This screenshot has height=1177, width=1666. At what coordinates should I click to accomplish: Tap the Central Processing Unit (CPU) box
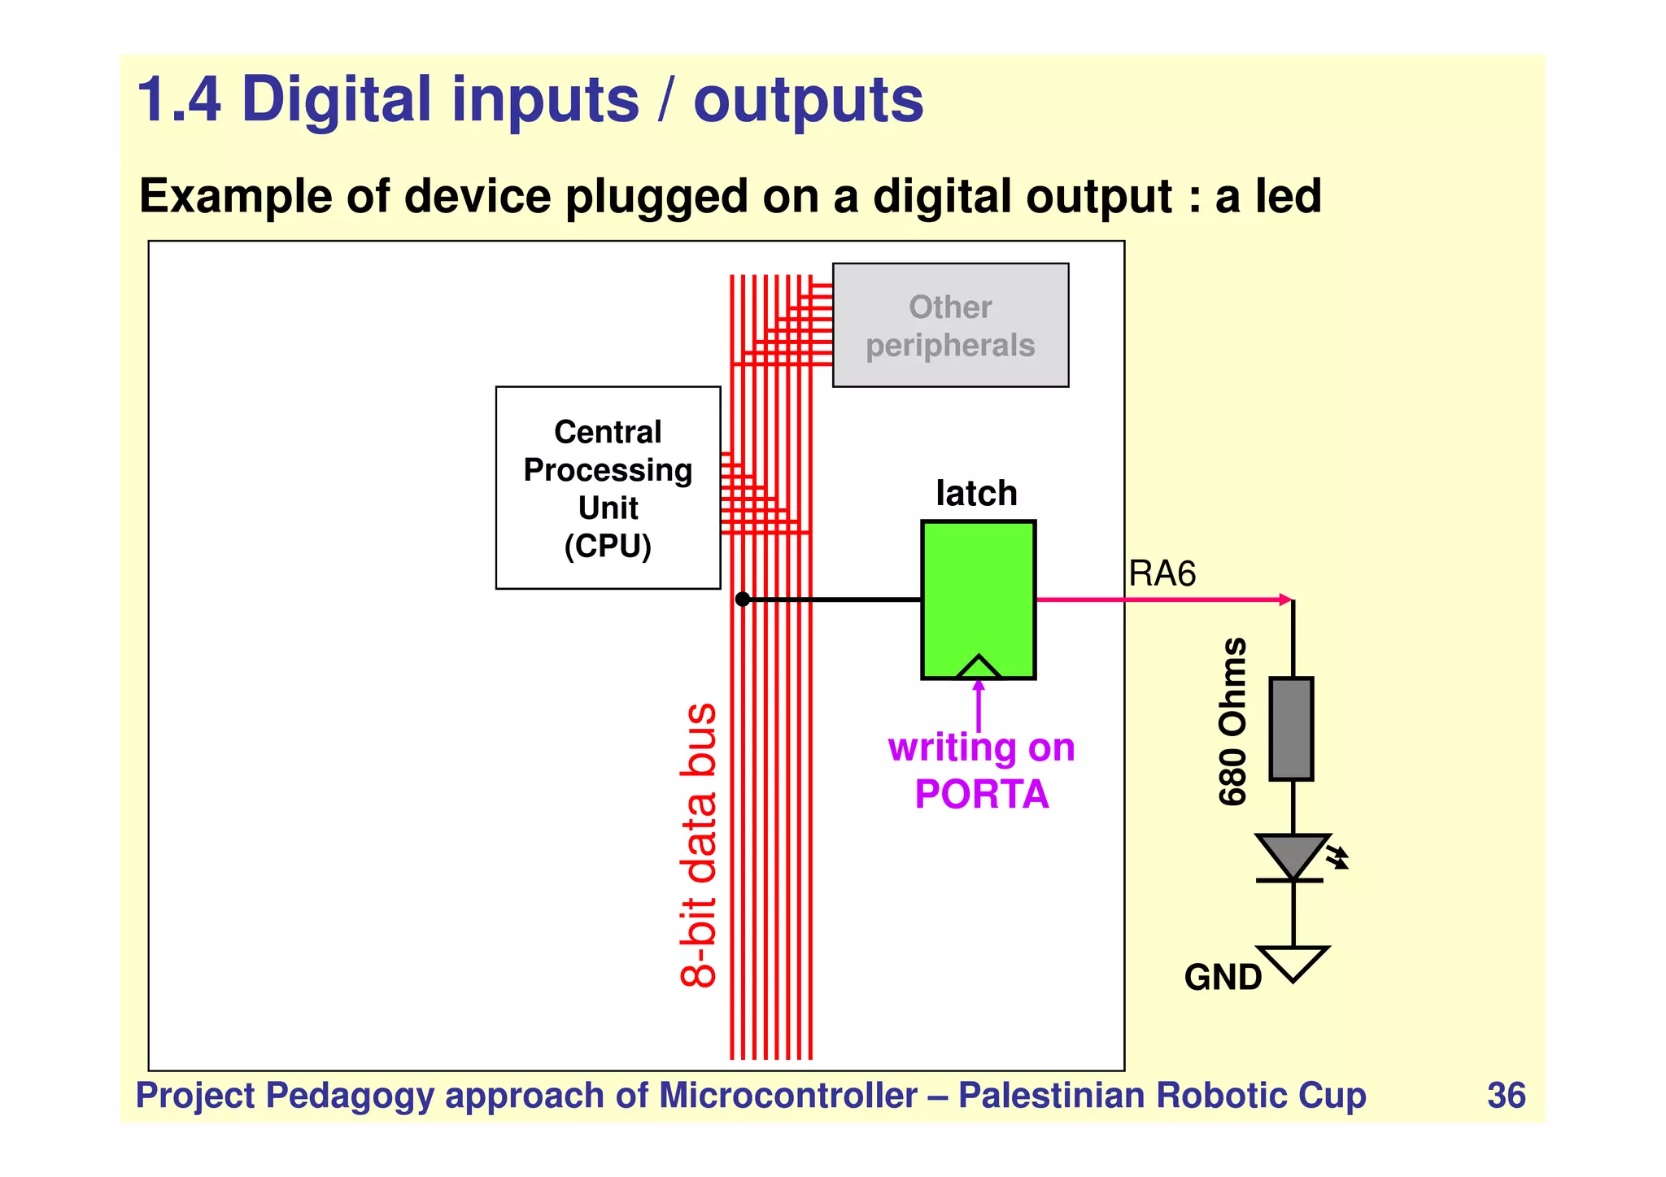tap(608, 488)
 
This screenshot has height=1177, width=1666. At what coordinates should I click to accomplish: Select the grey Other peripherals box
tap(950, 325)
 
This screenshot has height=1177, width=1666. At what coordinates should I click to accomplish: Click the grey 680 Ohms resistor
tap(1291, 729)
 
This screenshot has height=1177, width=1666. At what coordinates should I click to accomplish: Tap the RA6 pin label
tap(1162, 574)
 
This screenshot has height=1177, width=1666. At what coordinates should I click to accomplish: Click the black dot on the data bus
tap(742, 599)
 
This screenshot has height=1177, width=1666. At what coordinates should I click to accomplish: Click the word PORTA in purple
tap(981, 795)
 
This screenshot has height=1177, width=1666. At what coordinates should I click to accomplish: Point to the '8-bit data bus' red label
tap(699, 846)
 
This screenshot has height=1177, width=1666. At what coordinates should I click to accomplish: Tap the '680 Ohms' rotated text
tap(1232, 721)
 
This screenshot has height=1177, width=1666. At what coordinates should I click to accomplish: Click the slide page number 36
tap(1506, 1096)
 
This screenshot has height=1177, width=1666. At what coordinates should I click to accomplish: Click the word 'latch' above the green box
tap(976, 493)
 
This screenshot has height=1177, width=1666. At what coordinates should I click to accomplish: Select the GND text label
tap(1222, 978)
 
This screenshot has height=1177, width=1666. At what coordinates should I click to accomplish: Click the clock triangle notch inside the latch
tap(979, 668)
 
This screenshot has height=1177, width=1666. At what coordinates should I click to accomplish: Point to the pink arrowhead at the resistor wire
tap(1286, 600)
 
